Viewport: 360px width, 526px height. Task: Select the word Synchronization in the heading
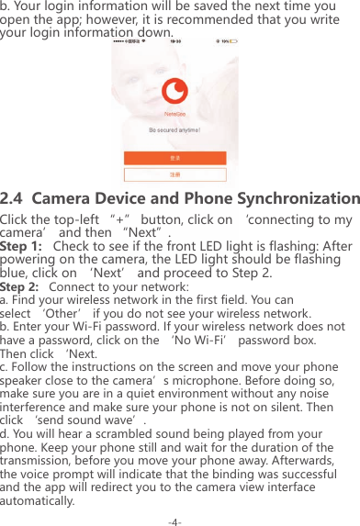(x=291, y=199)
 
